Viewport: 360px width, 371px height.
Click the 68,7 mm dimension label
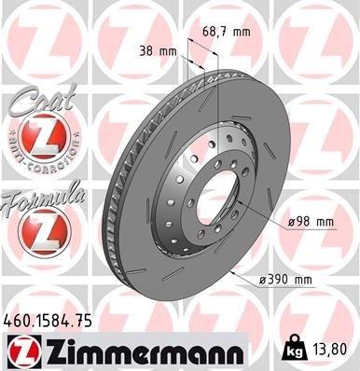[x=227, y=32]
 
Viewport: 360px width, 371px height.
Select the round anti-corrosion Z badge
[x=35, y=140]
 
